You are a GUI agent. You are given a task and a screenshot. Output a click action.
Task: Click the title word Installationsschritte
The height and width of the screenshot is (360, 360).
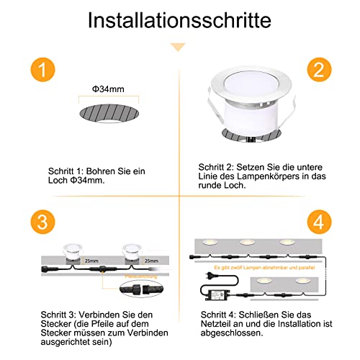point(179,19)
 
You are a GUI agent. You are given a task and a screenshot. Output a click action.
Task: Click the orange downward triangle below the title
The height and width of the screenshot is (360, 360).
point(179,47)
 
